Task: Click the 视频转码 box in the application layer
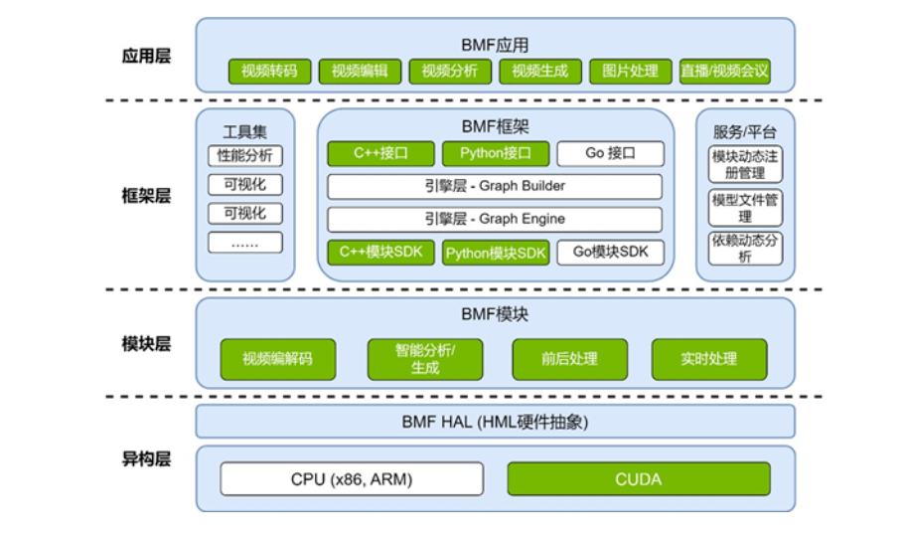(x=269, y=72)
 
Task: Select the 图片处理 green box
(x=630, y=72)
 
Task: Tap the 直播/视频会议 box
(x=725, y=72)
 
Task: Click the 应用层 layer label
(x=146, y=56)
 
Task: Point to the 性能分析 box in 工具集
(x=245, y=156)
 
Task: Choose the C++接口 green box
(x=381, y=154)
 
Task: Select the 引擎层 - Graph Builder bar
(x=495, y=186)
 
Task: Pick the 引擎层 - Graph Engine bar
(x=495, y=219)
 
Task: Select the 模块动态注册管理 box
(x=745, y=164)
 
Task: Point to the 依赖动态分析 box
(x=745, y=248)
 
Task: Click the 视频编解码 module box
(x=277, y=359)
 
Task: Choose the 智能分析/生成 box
(x=424, y=359)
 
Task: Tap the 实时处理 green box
(x=709, y=359)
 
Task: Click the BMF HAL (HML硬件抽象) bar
(x=495, y=422)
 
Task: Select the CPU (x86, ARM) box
(x=352, y=479)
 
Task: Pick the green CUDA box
(x=638, y=479)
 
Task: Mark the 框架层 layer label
(x=146, y=196)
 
